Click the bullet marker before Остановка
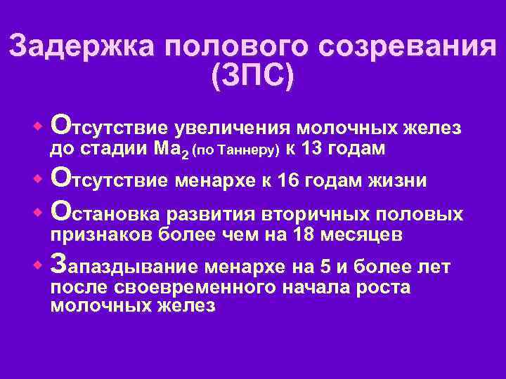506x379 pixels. (x=39, y=211)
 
